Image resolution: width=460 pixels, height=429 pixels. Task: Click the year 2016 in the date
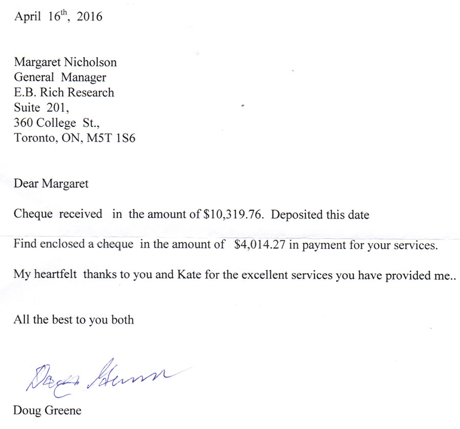90,17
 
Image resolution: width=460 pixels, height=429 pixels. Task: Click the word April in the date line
27,17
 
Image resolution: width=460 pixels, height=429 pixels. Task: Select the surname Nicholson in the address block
91,62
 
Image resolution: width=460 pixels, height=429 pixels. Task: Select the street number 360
24,123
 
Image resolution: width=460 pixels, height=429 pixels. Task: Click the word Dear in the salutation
26,184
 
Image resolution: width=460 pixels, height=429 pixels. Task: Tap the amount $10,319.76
234,214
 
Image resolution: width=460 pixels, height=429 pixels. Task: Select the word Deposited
297,214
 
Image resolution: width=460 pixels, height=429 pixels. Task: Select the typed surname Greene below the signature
63,410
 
